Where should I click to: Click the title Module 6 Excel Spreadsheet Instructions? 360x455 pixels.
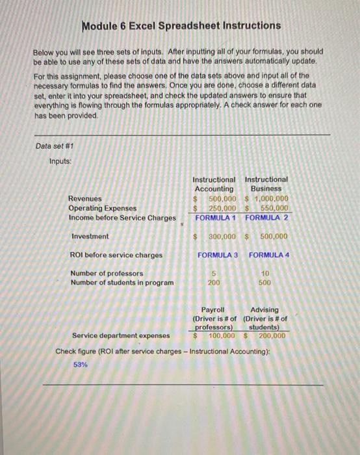182,26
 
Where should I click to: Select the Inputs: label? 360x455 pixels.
61,161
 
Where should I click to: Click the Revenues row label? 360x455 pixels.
84,198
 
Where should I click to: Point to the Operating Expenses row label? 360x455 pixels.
103,208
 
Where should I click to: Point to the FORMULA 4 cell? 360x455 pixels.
269,254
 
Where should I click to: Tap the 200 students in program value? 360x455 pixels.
213,283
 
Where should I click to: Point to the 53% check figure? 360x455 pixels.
81,365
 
